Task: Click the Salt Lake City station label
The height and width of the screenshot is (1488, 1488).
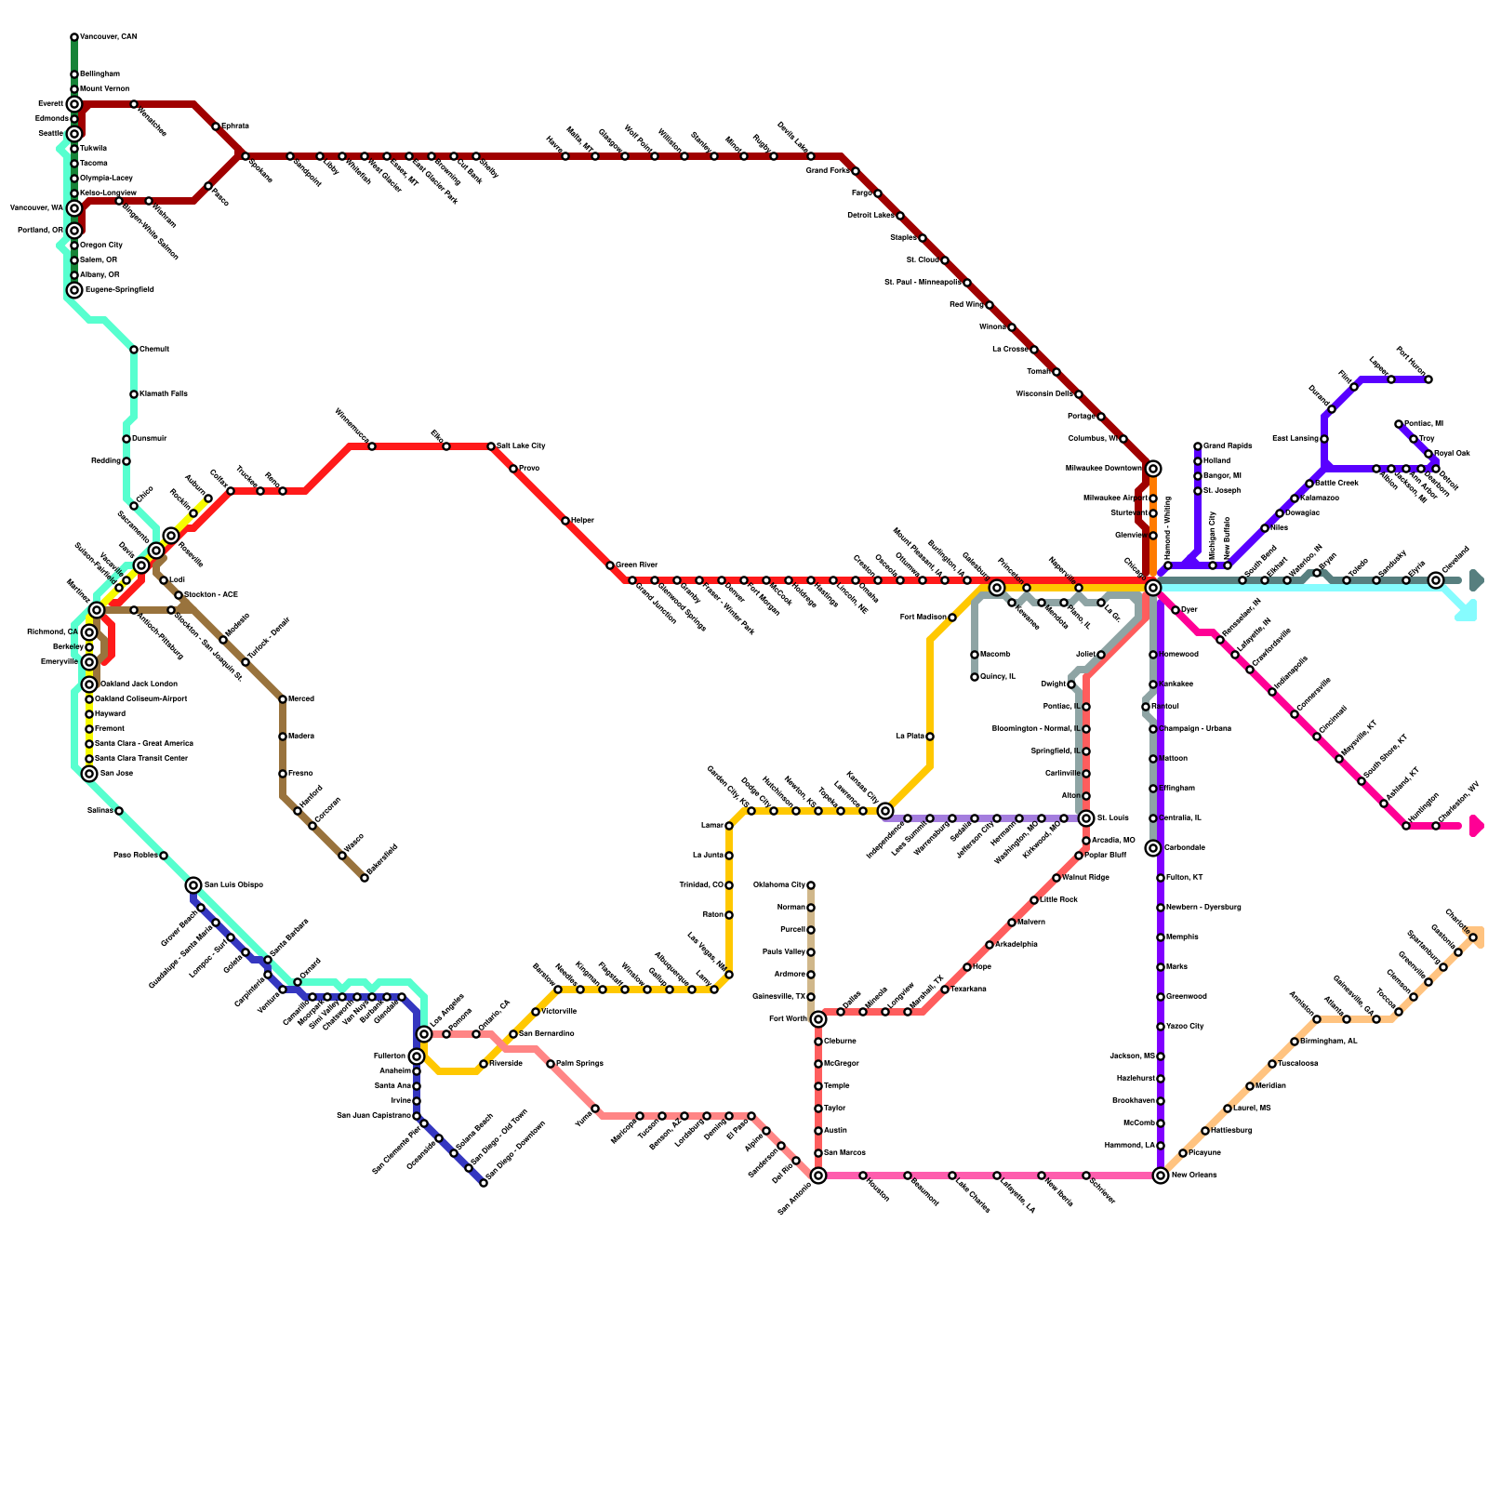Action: point(521,446)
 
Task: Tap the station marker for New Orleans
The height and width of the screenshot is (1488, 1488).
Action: point(1161,1176)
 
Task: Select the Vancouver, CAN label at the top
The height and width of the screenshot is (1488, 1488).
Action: point(108,37)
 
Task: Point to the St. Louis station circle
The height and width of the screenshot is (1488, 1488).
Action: point(1086,818)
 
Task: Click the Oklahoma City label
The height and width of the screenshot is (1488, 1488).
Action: point(778,885)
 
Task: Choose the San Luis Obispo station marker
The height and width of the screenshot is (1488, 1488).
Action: point(193,885)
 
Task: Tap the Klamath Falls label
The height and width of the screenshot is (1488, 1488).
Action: point(164,394)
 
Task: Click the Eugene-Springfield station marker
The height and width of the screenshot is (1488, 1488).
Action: point(74,290)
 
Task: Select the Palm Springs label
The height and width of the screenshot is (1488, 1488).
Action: point(579,1064)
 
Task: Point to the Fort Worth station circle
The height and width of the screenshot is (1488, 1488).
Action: point(818,1019)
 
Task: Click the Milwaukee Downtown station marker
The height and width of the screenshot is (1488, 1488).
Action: point(1153,469)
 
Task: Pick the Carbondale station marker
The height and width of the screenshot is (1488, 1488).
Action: point(1153,848)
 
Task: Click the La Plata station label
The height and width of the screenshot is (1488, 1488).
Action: point(910,737)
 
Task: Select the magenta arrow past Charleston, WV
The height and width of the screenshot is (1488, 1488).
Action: point(1476,826)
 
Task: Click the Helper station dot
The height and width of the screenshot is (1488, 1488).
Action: point(565,521)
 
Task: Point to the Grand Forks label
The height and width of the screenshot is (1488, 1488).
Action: point(827,171)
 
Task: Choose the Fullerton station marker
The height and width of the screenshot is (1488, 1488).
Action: point(417,1056)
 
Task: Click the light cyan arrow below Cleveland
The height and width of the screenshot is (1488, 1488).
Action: point(1467,611)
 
